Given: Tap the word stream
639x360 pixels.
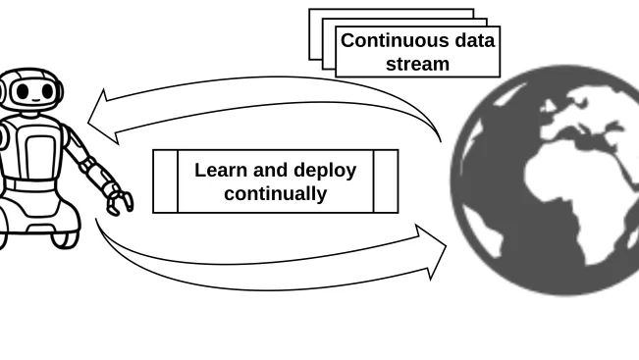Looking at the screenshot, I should (x=417, y=64).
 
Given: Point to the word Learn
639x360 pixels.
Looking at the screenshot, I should (x=220, y=170).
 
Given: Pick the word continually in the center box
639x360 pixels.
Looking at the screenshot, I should (x=275, y=193).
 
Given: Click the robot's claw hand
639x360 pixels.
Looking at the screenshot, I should (x=120, y=199).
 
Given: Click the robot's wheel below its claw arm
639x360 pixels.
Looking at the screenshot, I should (x=66, y=233).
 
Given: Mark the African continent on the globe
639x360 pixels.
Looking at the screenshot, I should (x=579, y=196).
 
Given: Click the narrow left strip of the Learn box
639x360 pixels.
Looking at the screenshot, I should (x=166, y=181).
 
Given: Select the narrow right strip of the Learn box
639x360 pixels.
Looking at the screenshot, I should (x=386, y=181).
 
